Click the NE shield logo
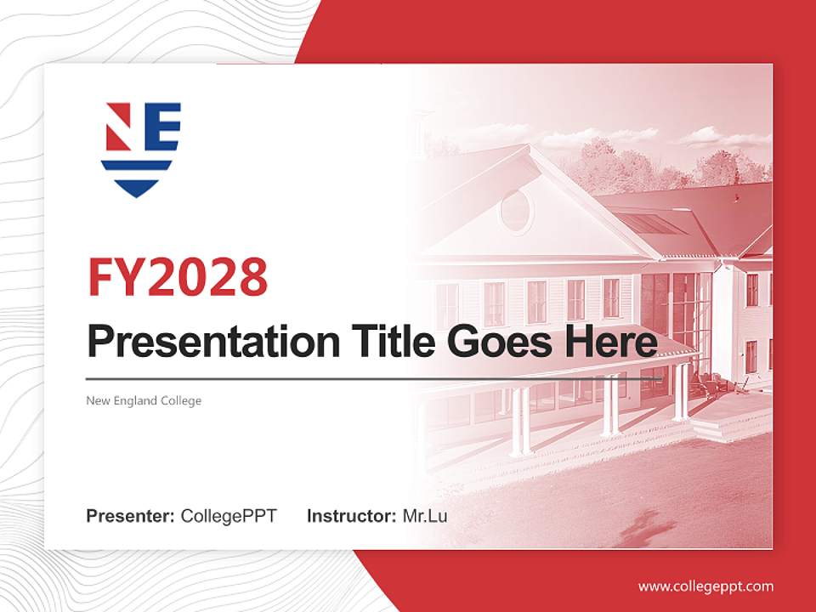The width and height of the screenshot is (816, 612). (x=140, y=150)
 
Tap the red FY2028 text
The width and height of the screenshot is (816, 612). (x=178, y=277)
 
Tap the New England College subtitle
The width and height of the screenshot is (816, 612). (x=144, y=400)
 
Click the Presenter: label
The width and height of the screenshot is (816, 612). (x=131, y=516)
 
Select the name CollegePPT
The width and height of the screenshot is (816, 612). (x=229, y=516)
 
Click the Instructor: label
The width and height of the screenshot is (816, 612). (x=351, y=516)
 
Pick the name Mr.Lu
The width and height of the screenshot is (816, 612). (x=425, y=516)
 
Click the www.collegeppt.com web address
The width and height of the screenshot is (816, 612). (x=705, y=586)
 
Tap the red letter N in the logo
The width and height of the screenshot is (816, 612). (x=118, y=127)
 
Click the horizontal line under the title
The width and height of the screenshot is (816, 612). (x=374, y=378)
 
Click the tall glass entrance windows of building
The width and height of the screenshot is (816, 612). (x=676, y=314)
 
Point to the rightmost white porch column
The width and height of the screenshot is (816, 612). (x=681, y=392)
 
